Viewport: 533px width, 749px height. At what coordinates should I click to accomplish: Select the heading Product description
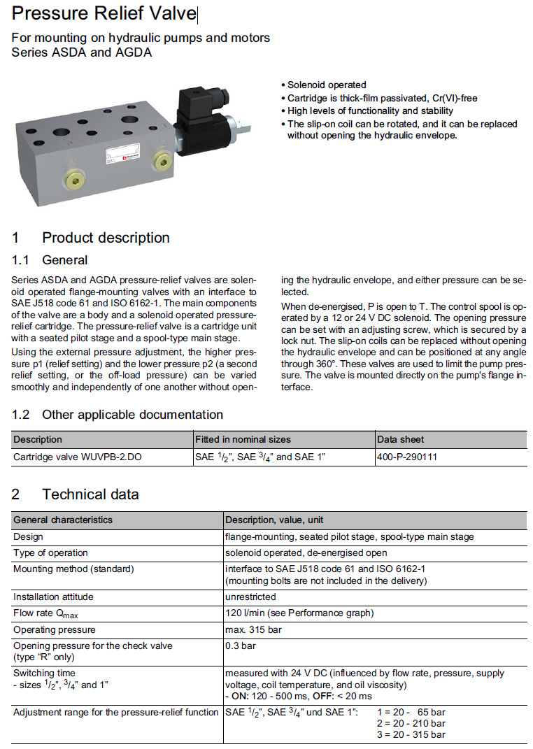pos(106,238)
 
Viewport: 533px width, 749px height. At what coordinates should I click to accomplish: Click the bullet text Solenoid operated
pos(327,85)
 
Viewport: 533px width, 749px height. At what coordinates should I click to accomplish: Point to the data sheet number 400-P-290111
pos(408,457)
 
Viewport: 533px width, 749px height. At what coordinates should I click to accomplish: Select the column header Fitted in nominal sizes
pos(243,439)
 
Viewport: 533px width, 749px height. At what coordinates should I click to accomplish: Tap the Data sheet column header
pos(401,439)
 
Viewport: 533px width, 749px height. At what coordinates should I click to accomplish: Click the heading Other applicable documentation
pos(132,415)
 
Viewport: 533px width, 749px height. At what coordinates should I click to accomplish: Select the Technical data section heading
pos(90,494)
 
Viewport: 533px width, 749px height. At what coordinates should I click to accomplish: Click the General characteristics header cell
pos(63,520)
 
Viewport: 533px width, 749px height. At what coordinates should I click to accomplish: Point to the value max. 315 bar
pos(253,629)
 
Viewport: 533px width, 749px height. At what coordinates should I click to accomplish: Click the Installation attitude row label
pos(53,597)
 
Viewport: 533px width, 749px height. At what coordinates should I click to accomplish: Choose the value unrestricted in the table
pos(250,597)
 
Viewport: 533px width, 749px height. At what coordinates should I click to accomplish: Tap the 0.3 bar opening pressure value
pos(239,645)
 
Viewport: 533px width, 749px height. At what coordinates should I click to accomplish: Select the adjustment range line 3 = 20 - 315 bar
pos(411,734)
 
